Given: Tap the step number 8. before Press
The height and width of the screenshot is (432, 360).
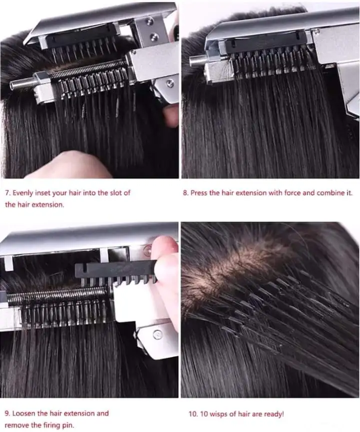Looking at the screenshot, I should [x=185, y=193].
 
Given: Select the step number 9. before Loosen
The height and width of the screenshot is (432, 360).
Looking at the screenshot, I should [x=7, y=413].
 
